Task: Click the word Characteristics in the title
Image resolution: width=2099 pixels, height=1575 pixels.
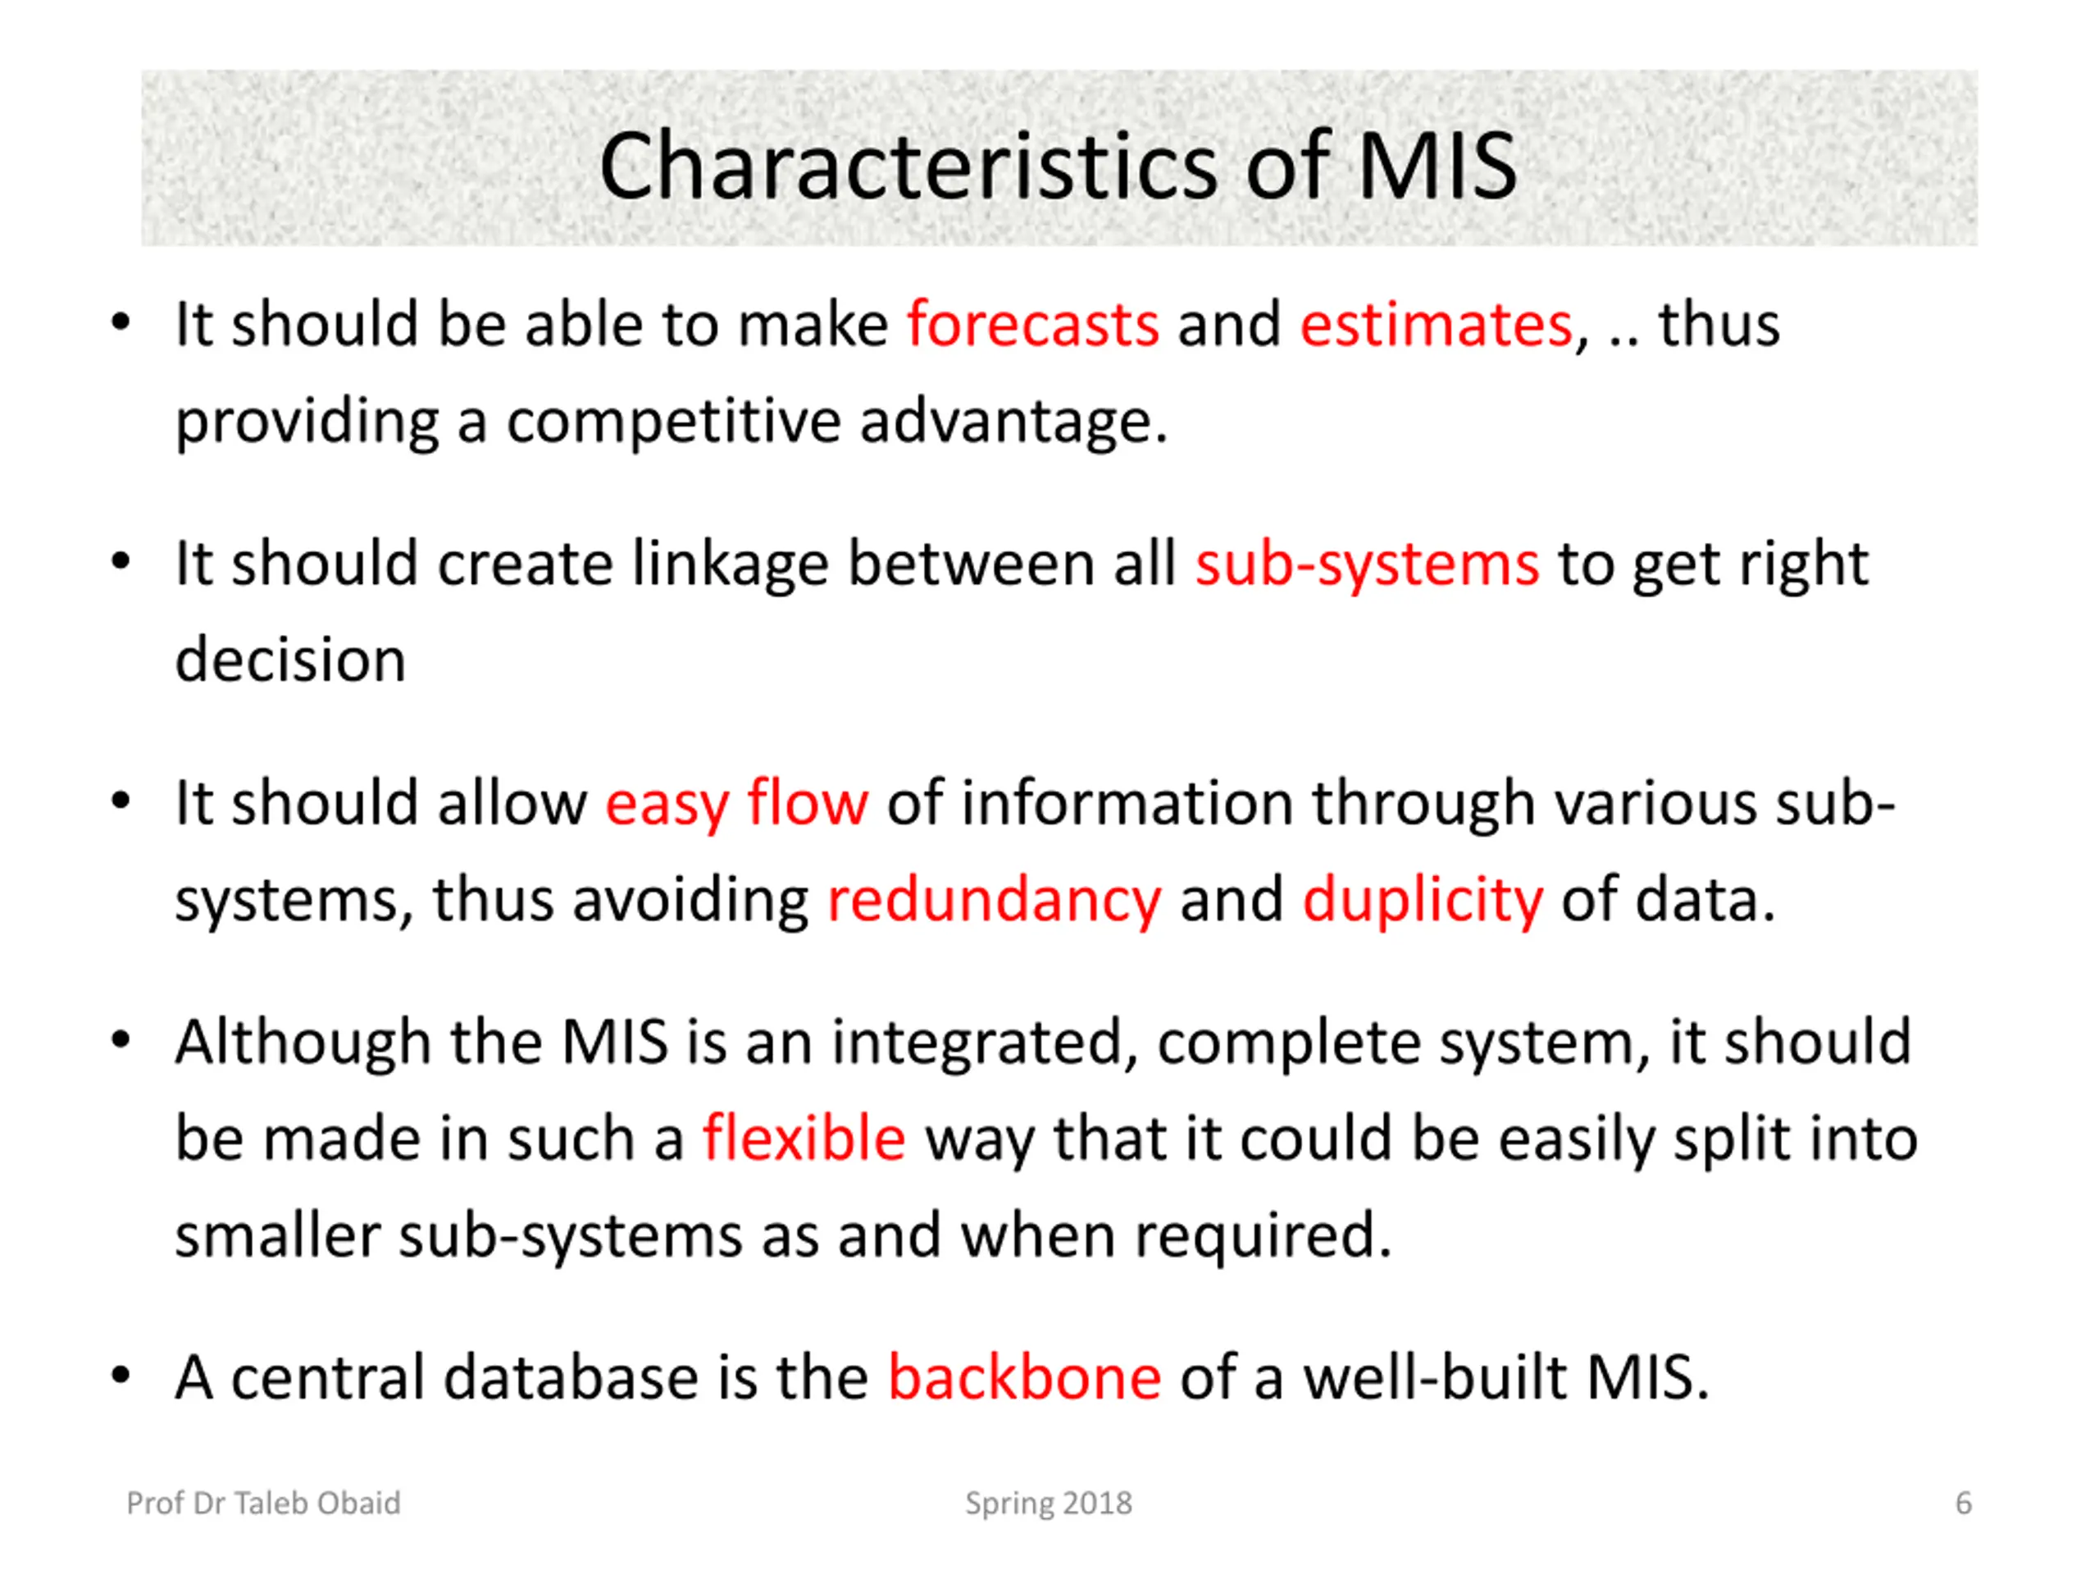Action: [x=906, y=167]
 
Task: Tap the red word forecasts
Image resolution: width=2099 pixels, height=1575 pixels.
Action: [x=1032, y=325]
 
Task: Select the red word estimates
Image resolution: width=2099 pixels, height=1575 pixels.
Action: [x=1436, y=325]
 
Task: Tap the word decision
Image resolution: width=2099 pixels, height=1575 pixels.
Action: [x=290, y=660]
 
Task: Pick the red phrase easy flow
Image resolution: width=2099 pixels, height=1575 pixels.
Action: [x=736, y=803]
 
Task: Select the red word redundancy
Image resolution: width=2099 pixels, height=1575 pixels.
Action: [x=994, y=899]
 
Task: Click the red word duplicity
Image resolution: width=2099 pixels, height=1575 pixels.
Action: [x=1423, y=899]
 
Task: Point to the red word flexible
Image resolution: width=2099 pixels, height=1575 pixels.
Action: [x=804, y=1139]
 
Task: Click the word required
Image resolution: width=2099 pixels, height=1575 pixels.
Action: [x=1262, y=1235]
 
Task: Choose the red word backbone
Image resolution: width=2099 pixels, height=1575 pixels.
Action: [x=1024, y=1377]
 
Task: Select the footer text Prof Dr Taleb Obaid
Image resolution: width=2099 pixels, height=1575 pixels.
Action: [x=264, y=1503]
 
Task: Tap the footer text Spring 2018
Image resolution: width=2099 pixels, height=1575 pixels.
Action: [x=1049, y=1503]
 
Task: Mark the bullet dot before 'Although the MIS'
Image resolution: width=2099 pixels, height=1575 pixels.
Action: [x=120, y=1040]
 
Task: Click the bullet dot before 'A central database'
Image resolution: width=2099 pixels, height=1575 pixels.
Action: [x=120, y=1376]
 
